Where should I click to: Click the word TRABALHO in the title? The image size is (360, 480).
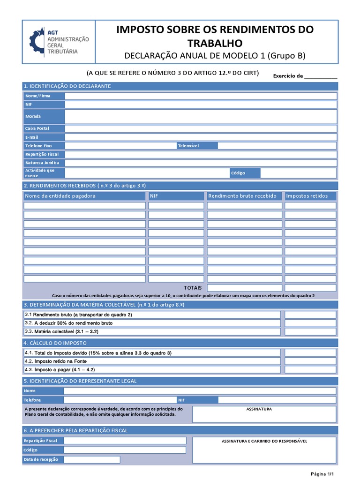(x=215, y=43)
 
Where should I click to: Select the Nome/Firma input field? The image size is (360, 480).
(x=201, y=96)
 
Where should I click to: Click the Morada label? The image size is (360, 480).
(x=33, y=116)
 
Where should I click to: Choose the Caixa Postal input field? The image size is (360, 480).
(x=201, y=128)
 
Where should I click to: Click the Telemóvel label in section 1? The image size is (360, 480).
(x=188, y=146)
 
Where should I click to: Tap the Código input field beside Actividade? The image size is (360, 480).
(x=298, y=173)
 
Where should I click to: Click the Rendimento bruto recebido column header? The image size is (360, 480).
(x=242, y=196)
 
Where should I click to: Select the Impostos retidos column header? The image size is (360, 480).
(x=307, y=196)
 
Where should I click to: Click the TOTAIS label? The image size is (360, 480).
(x=193, y=288)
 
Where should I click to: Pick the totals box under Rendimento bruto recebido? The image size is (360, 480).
(x=244, y=288)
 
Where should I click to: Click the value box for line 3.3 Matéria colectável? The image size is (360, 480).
(x=310, y=331)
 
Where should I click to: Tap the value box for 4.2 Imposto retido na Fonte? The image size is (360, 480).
(x=310, y=361)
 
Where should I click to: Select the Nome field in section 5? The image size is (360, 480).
(x=200, y=390)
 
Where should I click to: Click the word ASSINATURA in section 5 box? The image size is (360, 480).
(x=259, y=409)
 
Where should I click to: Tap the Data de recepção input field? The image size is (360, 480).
(x=92, y=459)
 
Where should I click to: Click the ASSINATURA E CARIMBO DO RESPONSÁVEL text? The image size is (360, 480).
(x=264, y=441)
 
